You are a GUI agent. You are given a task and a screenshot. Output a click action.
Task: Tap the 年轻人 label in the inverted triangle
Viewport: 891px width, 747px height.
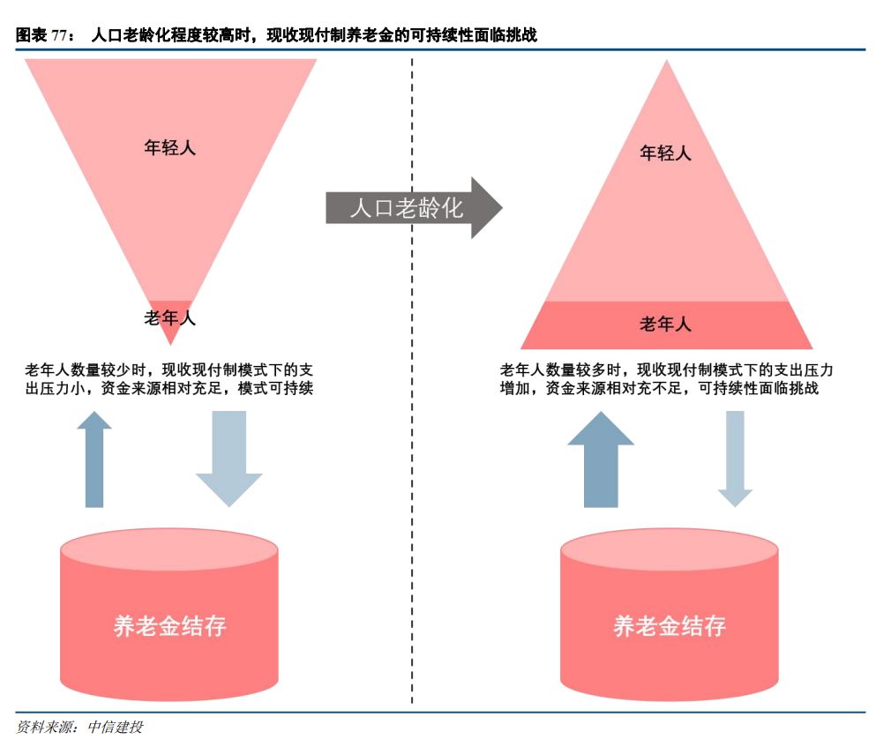point(169,147)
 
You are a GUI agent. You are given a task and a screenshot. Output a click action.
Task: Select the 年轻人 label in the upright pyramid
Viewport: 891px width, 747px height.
point(665,153)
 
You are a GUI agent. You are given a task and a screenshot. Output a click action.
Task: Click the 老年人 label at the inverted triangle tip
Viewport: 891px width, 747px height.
point(169,317)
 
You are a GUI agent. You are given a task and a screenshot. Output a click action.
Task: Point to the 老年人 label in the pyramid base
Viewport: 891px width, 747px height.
point(665,325)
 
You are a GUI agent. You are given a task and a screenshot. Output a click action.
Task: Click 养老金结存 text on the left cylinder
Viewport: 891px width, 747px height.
point(169,626)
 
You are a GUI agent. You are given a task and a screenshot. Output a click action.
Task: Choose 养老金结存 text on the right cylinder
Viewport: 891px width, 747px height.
point(670,626)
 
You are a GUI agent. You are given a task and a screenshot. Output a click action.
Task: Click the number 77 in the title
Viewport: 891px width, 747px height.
point(59,36)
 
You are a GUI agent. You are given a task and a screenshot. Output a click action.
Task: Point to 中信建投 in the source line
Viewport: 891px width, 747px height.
point(115,728)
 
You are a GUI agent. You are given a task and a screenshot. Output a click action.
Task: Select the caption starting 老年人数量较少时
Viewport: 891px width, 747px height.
point(169,378)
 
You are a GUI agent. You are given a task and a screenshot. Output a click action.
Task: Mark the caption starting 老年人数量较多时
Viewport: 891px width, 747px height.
point(666,378)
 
